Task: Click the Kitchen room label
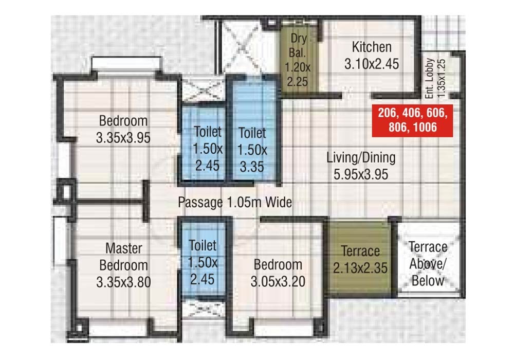click(x=371, y=47)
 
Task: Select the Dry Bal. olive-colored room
click(x=298, y=62)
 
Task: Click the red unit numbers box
click(x=412, y=120)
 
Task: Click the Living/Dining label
click(x=361, y=157)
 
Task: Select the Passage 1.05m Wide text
click(x=234, y=202)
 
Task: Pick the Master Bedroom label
click(x=123, y=257)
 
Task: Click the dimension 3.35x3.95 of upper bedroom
click(x=123, y=138)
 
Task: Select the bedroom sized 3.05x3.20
click(x=278, y=273)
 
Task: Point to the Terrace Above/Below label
click(x=428, y=263)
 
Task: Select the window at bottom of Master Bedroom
click(x=119, y=329)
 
